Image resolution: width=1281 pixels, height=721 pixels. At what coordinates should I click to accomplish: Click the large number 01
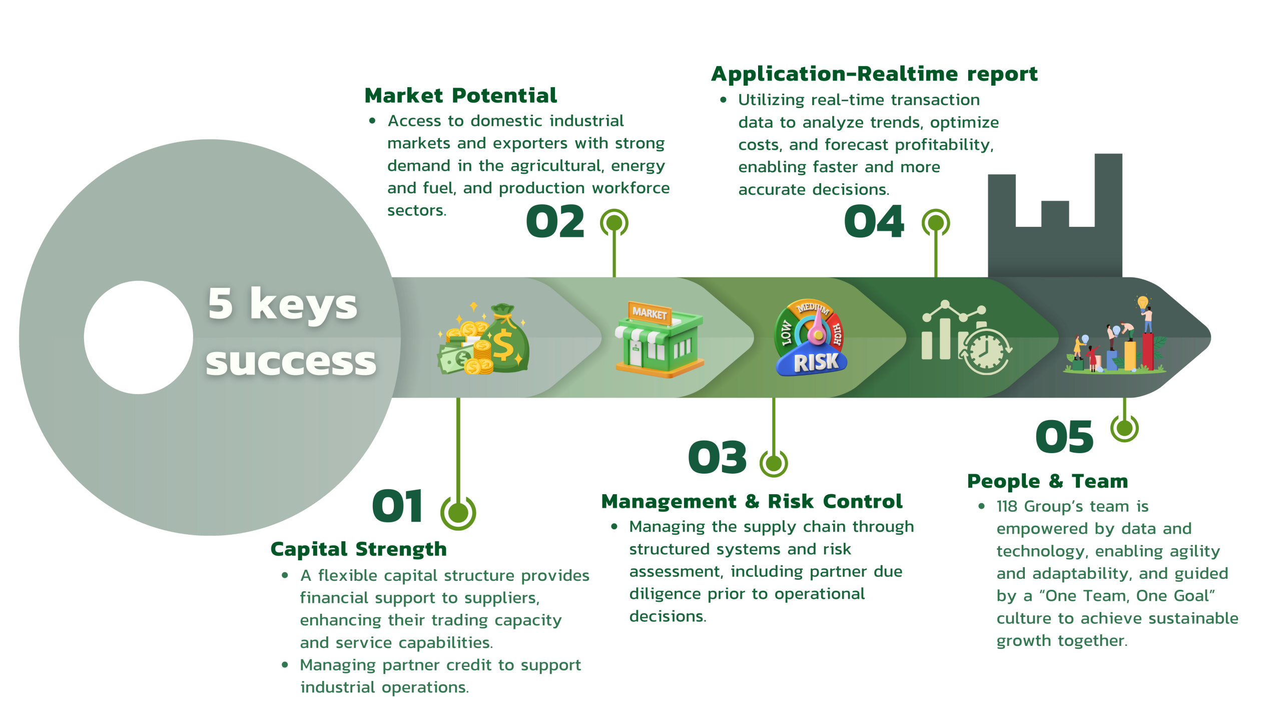click(398, 506)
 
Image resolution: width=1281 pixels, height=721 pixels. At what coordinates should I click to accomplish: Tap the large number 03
click(718, 458)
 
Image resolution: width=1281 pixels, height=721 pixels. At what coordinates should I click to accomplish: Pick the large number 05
click(1064, 437)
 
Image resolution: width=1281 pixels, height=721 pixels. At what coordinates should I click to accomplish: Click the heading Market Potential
click(460, 96)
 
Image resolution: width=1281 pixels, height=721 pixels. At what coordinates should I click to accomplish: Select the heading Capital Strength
click(358, 549)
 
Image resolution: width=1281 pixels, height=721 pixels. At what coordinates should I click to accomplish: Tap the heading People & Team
click(1047, 481)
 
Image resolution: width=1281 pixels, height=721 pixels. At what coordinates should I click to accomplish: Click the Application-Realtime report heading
click(874, 74)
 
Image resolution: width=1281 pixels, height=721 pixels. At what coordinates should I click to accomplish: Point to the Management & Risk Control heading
click(752, 501)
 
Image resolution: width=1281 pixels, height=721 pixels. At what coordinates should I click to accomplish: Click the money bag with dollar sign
click(505, 340)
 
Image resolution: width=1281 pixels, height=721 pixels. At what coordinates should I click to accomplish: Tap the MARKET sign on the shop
click(649, 313)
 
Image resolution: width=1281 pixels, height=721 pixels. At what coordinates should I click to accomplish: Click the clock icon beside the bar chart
click(985, 350)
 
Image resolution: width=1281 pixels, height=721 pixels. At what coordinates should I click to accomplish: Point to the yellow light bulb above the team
click(1142, 302)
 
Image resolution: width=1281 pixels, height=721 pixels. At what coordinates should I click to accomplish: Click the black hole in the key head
click(138, 337)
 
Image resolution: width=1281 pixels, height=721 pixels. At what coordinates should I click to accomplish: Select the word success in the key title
click(291, 362)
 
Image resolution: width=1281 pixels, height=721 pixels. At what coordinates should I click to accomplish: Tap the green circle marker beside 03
click(773, 463)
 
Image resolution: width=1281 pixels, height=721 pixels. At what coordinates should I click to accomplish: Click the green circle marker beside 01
click(458, 512)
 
